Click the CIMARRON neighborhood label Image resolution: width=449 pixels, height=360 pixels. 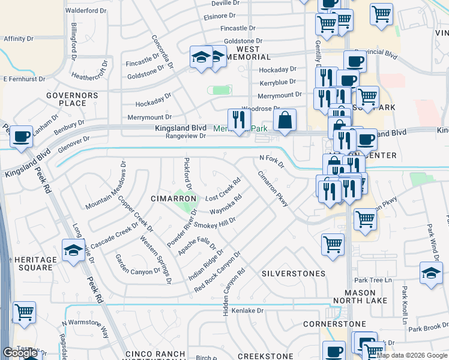click(x=174, y=198)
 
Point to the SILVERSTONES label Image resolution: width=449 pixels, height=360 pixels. click(x=294, y=273)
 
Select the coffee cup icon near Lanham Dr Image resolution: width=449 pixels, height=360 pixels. click(x=22, y=136)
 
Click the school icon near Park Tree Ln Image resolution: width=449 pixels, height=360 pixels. click(x=431, y=273)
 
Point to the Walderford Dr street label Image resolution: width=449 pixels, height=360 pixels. click(x=85, y=11)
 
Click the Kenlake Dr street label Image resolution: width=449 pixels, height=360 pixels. click(x=248, y=311)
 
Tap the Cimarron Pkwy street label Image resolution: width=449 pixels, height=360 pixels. click(x=273, y=188)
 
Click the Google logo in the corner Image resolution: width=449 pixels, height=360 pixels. click(x=20, y=353)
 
